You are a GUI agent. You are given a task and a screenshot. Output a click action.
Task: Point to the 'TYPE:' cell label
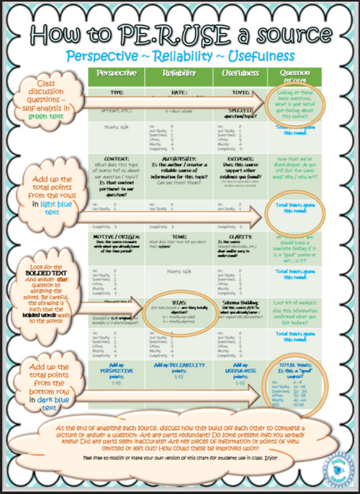[115, 93]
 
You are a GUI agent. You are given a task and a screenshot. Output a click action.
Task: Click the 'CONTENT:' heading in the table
[115, 157]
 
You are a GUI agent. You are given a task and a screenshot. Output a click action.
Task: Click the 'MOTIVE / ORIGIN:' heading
[115, 235]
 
